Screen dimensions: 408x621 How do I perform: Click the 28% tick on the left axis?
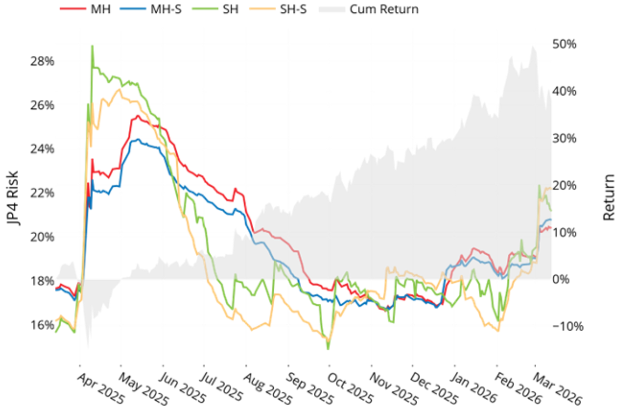tap(42, 61)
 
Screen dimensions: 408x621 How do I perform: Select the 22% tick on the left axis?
tap(42, 193)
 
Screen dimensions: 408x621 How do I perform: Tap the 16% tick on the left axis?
tap(42, 325)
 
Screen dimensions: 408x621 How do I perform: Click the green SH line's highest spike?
tap(92, 46)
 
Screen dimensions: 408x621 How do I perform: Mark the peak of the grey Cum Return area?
tap(533, 46)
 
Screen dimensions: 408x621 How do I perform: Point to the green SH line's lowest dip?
tap(328, 349)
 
